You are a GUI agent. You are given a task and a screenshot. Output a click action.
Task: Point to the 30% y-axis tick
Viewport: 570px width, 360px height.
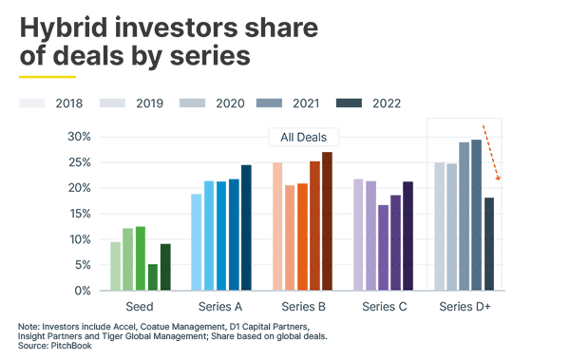click(x=78, y=137)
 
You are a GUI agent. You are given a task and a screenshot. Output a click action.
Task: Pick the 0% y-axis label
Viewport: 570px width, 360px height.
click(x=81, y=290)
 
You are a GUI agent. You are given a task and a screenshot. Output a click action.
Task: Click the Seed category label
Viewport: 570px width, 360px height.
click(x=140, y=308)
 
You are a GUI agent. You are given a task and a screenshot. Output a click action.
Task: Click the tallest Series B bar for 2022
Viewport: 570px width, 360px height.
click(x=327, y=220)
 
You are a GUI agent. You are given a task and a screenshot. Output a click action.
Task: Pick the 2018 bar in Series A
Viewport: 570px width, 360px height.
click(x=197, y=241)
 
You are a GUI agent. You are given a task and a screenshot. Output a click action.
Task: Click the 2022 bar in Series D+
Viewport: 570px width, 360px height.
click(x=489, y=243)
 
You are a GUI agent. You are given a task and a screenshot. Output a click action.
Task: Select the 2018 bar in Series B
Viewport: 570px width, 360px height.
click(x=277, y=226)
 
